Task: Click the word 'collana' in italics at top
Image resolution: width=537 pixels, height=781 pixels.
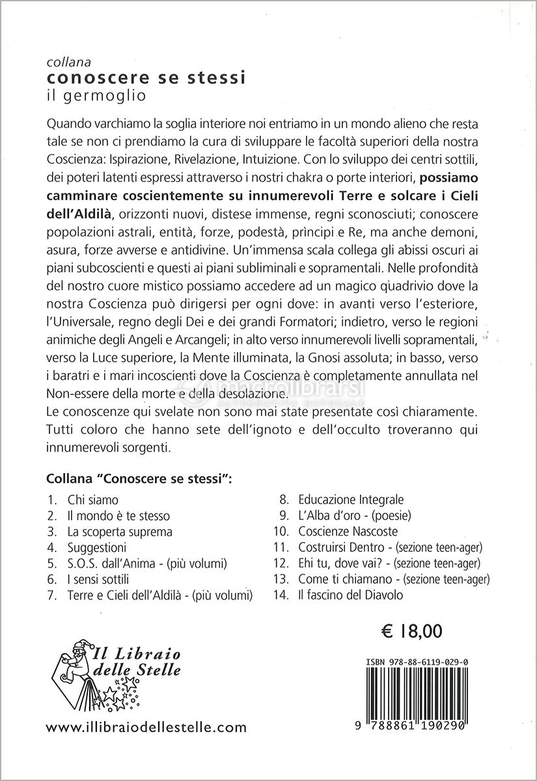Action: pyautogui.click(x=63, y=63)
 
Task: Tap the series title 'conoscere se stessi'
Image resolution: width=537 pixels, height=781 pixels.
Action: pyautogui.click(x=120, y=78)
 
